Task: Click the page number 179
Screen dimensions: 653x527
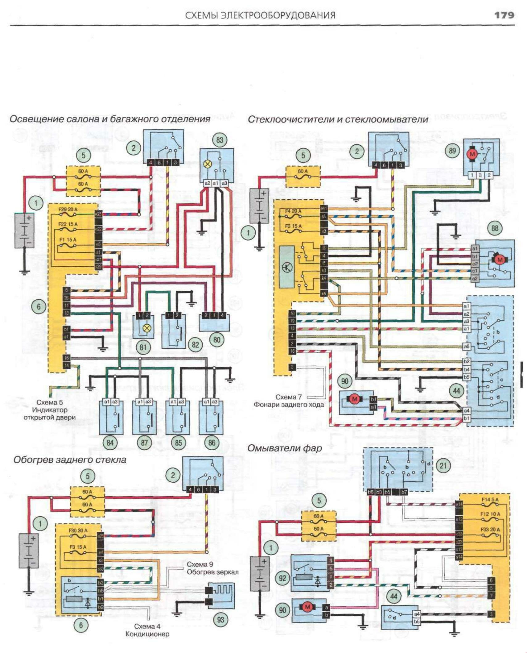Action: pyautogui.click(x=504, y=15)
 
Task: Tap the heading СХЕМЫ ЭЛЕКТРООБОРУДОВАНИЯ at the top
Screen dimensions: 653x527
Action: pyautogui.click(x=260, y=15)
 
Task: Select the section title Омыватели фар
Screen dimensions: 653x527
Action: pyautogui.click(x=284, y=448)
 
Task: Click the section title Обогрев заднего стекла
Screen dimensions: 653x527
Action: pyautogui.click(x=70, y=460)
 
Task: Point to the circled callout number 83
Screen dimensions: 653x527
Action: pyautogui.click(x=219, y=140)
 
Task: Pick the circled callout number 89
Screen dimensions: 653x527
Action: pyautogui.click(x=452, y=151)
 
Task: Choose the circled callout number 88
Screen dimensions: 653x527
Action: pyautogui.click(x=494, y=228)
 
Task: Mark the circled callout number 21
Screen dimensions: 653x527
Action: pyautogui.click(x=443, y=465)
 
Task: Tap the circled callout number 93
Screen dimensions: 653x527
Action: pyautogui.click(x=220, y=620)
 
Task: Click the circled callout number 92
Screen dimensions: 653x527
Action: pyautogui.click(x=282, y=578)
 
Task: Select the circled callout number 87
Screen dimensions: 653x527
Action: pyautogui.click(x=144, y=443)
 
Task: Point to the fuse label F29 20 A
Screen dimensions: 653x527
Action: pyautogui.click(x=68, y=210)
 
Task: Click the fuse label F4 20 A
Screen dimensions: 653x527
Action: pyautogui.click(x=293, y=211)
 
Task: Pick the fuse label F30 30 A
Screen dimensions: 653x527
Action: pyautogui.click(x=78, y=530)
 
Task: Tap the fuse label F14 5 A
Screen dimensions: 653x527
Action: pyautogui.click(x=490, y=499)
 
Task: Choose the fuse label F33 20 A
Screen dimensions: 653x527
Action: pyautogui.click(x=490, y=529)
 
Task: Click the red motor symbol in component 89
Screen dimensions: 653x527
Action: pyautogui.click(x=472, y=154)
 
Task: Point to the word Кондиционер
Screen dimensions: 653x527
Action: pyautogui.click(x=147, y=634)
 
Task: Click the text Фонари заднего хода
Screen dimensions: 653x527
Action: pyautogui.click(x=289, y=404)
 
